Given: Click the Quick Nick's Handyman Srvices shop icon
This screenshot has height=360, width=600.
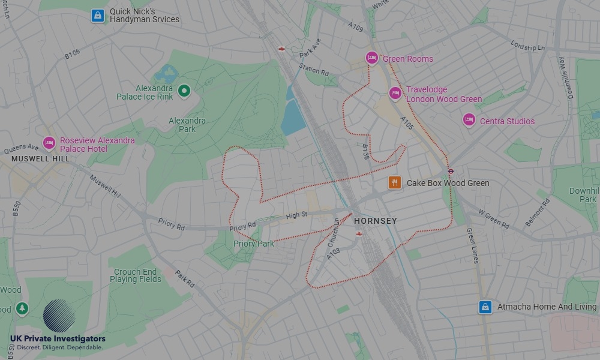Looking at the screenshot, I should click(97, 16).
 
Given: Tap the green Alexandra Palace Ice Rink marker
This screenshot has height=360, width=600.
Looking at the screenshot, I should click(184, 91).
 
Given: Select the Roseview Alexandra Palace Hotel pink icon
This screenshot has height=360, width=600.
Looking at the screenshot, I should click(49, 143).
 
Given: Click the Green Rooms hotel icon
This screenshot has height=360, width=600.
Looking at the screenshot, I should click(371, 58).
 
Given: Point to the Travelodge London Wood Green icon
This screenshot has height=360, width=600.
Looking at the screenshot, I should click(395, 94).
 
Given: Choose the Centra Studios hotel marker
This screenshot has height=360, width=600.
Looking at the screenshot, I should click(469, 120).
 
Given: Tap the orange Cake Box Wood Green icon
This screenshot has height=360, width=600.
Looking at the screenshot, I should click(394, 182).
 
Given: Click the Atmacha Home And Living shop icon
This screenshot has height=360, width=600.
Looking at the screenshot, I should click(485, 307).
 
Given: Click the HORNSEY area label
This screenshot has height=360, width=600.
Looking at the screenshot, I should click(375, 221).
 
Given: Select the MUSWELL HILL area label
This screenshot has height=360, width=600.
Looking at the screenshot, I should click(40, 159).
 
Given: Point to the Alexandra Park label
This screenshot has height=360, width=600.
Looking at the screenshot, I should click(187, 125).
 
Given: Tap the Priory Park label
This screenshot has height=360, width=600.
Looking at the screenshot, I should click(254, 244).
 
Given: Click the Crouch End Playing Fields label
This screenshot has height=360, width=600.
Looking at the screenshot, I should click(136, 275).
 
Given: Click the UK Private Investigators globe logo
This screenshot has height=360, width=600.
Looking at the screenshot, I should click(59, 316).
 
